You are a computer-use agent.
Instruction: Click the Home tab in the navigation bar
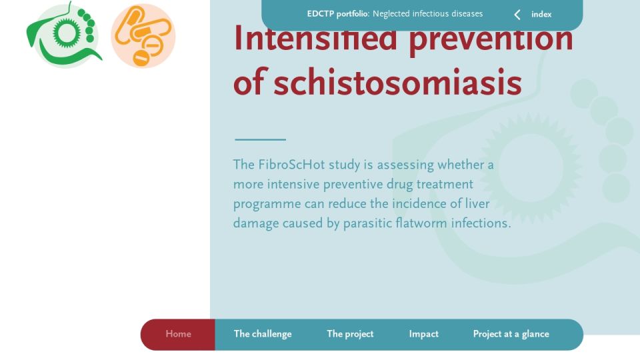coord(178,334)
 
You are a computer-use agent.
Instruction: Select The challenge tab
coord(263,334)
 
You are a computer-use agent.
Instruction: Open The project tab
coord(350,334)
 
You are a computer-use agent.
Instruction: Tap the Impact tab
coord(424,334)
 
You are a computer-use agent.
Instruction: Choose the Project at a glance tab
coord(511,334)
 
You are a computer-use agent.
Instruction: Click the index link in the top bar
coord(541,14)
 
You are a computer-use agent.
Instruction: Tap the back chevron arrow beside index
coord(517,15)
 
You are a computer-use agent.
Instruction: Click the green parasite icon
coord(65,35)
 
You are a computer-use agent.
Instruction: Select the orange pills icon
coord(143,36)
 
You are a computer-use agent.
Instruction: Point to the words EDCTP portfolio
coord(338,14)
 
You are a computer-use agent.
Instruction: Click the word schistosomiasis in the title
coord(397,83)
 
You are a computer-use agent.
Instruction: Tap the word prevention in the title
coord(491,39)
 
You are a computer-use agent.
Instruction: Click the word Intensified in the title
coord(315,37)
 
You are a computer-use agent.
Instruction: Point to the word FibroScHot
coord(291,165)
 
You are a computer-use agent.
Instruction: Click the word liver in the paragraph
coord(477,203)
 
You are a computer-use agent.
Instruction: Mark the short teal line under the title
coord(261,139)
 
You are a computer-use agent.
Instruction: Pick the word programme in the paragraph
coord(267,205)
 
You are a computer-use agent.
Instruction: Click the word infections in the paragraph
coord(481,223)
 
